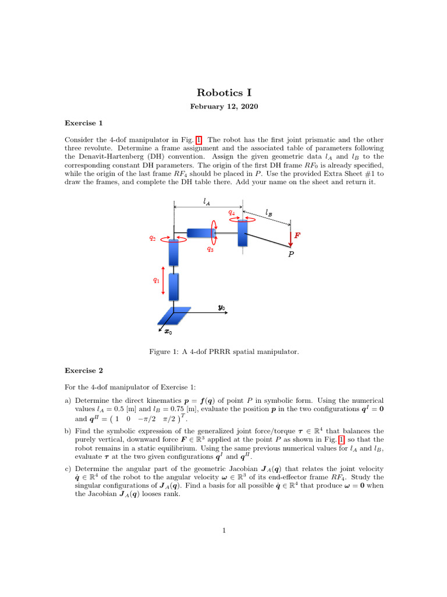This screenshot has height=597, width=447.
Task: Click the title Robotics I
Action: click(x=224, y=93)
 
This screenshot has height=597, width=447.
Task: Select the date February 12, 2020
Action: click(x=224, y=107)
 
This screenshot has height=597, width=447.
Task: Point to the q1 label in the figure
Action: click(x=156, y=280)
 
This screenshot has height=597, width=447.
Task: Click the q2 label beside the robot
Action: click(x=152, y=238)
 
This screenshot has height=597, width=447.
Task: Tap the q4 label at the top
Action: click(x=232, y=213)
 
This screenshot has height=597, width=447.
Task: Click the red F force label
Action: click(x=297, y=236)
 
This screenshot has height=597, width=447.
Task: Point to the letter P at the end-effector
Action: click(x=292, y=254)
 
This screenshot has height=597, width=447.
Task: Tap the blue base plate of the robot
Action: click(x=174, y=315)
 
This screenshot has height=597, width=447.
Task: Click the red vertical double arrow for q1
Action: click(x=164, y=281)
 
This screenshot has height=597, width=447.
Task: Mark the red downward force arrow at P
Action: click(x=290, y=237)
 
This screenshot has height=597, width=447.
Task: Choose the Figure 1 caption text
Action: click(x=224, y=352)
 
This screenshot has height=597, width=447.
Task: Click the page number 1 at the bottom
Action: click(x=224, y=531)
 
